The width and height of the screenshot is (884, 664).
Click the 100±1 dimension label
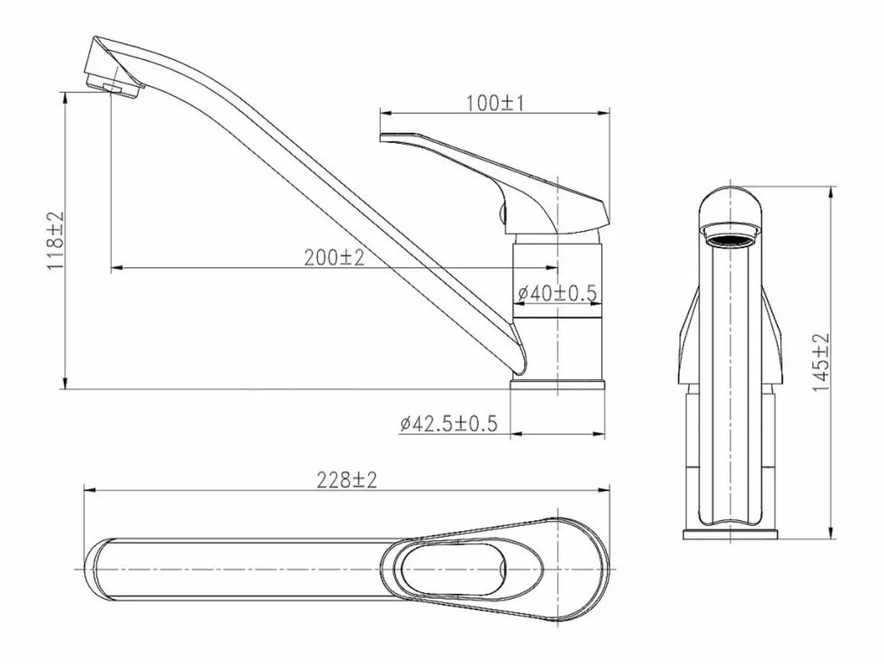[495, 103]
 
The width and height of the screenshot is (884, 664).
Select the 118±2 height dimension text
[55, 241]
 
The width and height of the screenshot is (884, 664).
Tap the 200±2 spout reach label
[334, 258]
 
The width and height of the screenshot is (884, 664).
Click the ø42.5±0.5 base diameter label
[448, 424]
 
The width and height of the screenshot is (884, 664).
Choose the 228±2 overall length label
[347, 480]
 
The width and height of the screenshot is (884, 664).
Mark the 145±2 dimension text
[821, 362]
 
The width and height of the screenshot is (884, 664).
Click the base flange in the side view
[558, 385]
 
